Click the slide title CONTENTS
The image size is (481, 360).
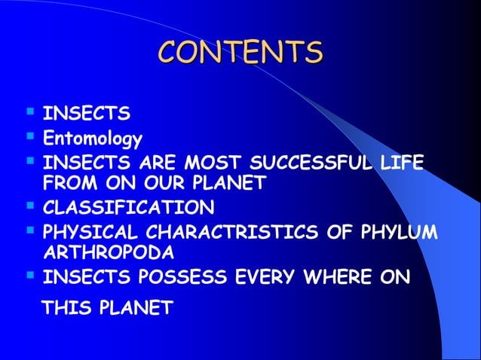tap(240, 53)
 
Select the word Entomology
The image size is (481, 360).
tap(92, 139)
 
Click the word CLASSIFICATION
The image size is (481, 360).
tap(128, 206)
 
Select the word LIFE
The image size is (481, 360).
tap(404, 162)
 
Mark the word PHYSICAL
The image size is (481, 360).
tap(87, 229)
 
